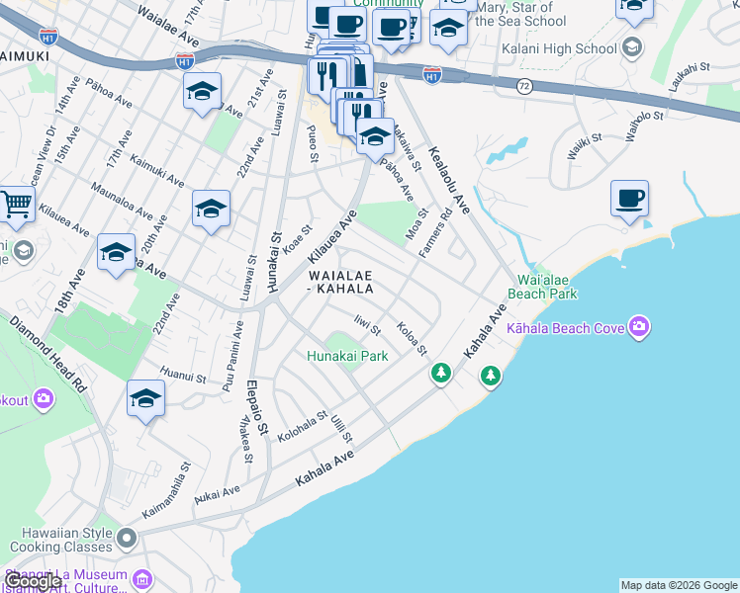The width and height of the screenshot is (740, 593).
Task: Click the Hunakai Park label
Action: pyautogui.click(x=346, y=356)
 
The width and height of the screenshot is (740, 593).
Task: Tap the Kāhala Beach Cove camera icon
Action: pyautogui.click(x=640, y=326)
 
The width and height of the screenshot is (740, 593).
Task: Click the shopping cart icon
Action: pyautogui.click(x=16, y=205)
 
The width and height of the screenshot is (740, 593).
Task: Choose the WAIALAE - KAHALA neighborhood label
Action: pyautogui.click(x=340, y=282)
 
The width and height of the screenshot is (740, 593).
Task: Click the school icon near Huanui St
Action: pyautogui.click(x=145, y=398)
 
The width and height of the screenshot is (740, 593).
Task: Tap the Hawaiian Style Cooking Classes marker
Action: pyautogui.click(x=127, y=539)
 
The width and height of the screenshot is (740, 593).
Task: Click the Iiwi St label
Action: pyautogui.click(x=367, y=324)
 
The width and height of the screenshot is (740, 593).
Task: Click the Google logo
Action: pyautogui.click(x=33, y=582)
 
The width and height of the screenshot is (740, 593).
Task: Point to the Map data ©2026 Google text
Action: pyautogui.click(x=679, y=585)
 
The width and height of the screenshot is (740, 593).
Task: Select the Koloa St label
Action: pyautogui.click(x=411, y=338)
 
